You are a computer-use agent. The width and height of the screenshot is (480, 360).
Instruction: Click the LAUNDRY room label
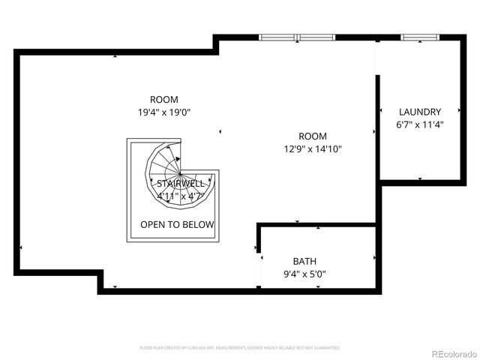[419, 112]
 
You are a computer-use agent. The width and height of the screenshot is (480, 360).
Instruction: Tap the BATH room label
[304, 261]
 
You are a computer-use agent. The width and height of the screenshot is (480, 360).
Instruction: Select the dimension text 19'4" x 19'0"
[163, 112]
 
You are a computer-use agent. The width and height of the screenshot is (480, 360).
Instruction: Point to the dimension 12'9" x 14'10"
[312, 149]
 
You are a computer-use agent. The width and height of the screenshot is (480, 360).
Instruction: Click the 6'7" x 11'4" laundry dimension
[419, 124]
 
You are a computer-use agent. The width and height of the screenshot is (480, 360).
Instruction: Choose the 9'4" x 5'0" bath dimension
[304, 274]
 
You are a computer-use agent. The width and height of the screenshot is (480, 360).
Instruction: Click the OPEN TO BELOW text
[177, 224]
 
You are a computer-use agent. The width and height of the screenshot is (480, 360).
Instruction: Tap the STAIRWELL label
[177, 183]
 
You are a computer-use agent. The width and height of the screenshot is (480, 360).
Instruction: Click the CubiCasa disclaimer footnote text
[240, 348]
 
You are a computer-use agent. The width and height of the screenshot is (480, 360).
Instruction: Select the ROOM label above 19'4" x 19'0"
[163, 99]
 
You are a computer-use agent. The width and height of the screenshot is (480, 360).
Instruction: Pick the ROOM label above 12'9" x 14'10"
[312, 136]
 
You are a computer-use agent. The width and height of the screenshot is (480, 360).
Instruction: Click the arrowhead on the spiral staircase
[178, 159]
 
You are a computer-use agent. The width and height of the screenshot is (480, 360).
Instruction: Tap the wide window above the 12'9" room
[298, 37]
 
